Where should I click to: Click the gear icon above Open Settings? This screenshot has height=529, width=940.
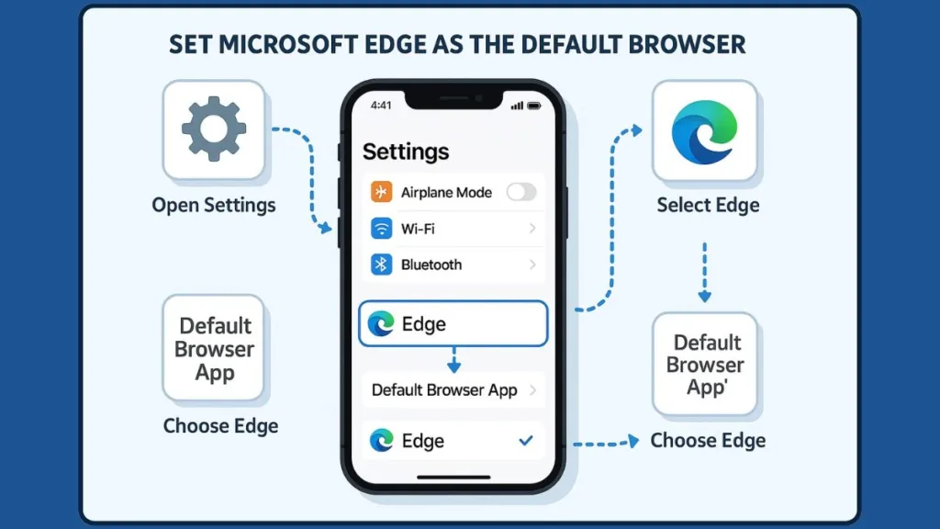[x=214, y=129]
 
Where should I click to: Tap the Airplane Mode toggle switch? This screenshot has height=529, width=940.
[x=520, y=192]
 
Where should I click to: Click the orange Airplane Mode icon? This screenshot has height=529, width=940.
[x=382, y=192]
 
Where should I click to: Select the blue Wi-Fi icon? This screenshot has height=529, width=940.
[x=382, y=229]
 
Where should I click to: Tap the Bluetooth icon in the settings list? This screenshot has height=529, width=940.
[x=382, y=264]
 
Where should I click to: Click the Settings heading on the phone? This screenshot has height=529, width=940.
[x=406, y=152]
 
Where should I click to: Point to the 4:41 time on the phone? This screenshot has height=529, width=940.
[x=381, y=106]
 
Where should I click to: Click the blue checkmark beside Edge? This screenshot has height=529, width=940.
[x=526, y=441]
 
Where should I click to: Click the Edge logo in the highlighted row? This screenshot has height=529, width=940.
[x=381, y=323]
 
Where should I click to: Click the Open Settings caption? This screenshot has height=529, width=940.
[x=214, y=204]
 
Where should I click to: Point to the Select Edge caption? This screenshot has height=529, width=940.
[x=708, y=204]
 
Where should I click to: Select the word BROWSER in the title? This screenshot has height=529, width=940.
[x=686, y=43]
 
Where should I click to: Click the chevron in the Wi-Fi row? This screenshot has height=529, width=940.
[x=532, y=229]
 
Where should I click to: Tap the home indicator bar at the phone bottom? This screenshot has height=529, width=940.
[x=453, y=477]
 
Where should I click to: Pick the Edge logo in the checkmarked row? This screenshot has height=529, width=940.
[x=381, y=441]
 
